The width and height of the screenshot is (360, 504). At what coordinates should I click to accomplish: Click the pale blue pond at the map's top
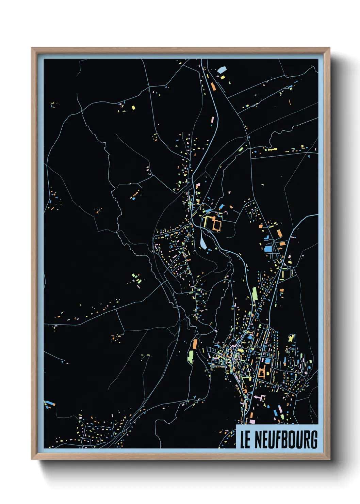222,70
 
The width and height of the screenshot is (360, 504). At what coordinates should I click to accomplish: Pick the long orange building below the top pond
213,86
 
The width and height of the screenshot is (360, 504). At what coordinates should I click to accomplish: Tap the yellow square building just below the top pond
223,77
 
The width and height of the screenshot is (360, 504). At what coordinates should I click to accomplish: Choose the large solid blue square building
268,249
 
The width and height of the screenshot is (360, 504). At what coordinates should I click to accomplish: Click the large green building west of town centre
190,356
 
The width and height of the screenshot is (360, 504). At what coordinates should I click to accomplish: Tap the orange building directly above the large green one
195,344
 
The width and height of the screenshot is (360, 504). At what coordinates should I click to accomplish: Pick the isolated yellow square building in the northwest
133,108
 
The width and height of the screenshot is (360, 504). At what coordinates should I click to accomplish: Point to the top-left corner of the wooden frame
32,48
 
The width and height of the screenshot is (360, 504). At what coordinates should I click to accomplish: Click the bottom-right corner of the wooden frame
329,459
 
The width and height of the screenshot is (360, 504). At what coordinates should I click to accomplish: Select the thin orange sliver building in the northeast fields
290,102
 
